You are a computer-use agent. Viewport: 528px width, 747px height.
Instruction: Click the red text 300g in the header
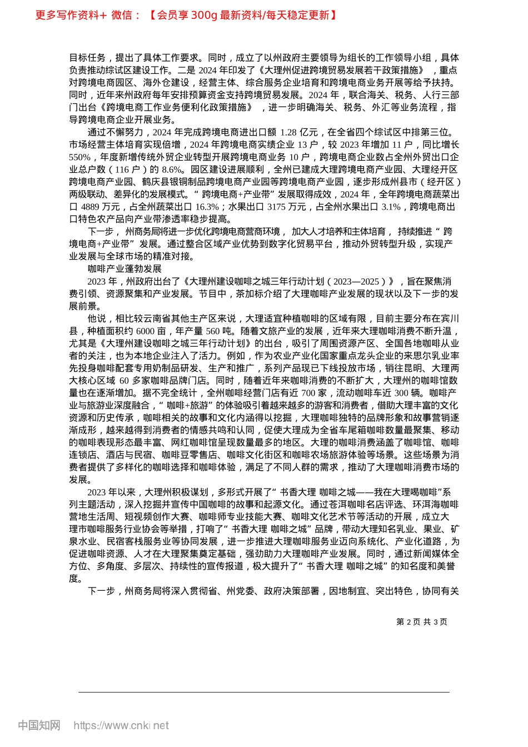(204, 16)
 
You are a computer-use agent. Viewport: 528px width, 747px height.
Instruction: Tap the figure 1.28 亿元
(299, 132)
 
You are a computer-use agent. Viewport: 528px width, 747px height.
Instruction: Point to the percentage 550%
(79, 157)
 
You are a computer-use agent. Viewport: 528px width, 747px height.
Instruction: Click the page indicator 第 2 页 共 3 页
(422, 622)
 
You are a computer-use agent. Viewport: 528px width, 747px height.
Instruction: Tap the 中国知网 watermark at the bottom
(39, 725)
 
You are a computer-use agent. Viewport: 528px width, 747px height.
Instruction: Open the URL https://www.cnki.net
(121, 725)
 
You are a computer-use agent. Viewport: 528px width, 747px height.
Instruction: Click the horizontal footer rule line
(264, 693)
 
